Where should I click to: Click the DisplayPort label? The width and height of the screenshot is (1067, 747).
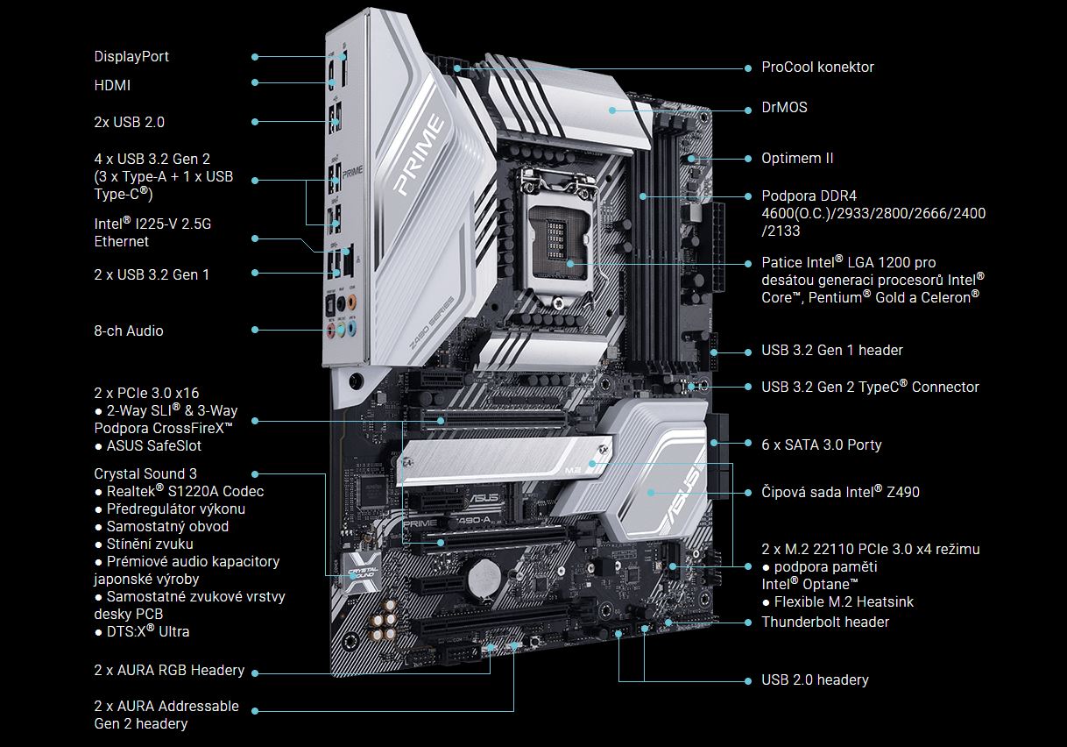[x=131, y=57]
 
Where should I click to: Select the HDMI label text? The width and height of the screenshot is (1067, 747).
[x=112, y=85]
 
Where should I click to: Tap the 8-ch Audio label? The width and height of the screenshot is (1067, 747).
[x=129, y=331]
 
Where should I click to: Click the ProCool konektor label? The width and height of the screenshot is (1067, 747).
[x=817, y=68]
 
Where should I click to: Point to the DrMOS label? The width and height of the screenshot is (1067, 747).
[x=784, y=107]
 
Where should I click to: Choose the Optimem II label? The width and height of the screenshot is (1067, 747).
[x=797, y=159]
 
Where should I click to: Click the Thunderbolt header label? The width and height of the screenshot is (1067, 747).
[x=825, y=622]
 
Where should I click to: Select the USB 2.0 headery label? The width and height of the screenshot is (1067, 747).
[x=815, y=679]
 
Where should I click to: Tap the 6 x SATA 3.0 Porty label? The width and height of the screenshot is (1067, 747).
[x=821, y=445]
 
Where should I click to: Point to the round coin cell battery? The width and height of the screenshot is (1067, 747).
[x=484, y=579]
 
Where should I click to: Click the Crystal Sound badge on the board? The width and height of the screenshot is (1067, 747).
[x=362, y=573]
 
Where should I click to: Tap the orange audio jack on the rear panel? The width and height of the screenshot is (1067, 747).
[x=352, y=302]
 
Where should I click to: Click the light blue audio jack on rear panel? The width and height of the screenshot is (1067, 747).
[x=352, y=328]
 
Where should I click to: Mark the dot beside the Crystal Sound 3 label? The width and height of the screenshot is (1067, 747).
[x=255, y=474]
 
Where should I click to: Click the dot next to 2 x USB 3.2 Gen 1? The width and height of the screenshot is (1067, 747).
[x=255, y=273]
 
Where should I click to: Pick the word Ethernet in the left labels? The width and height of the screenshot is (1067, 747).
[x=122, y=242]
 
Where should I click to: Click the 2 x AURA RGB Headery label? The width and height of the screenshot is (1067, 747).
[x=169, y=670]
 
